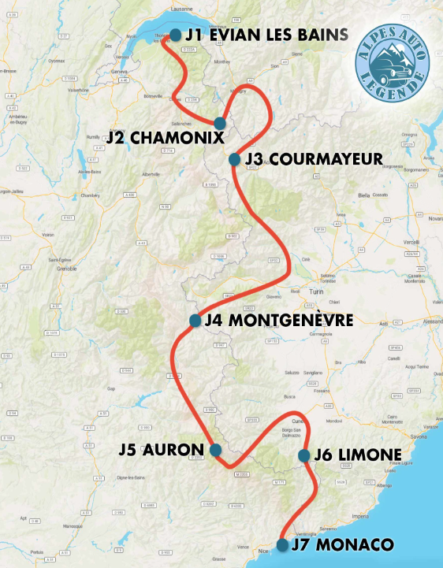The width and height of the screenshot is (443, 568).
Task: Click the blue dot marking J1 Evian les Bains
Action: tap(175, 34)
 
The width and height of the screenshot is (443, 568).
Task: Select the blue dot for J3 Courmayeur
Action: tap(234, 159)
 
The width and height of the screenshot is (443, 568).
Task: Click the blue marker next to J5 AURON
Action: tap(215, 450)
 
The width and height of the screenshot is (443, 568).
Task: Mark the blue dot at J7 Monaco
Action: tap(282, 544)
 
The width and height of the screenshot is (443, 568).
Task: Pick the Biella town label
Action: tap(363, 194)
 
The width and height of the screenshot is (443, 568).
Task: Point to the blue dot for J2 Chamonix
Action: tap(220, 123)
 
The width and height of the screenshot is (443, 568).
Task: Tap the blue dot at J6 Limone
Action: tap(303, 455)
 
